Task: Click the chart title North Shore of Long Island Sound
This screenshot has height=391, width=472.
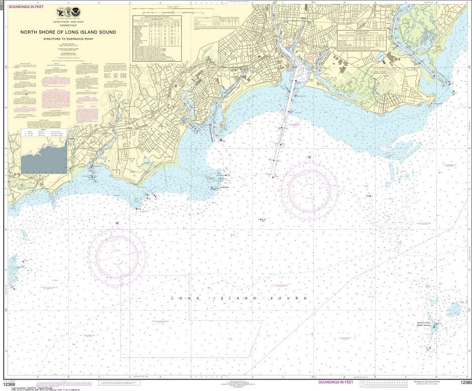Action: [68, 32]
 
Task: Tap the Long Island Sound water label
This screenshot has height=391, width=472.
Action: [239, 298]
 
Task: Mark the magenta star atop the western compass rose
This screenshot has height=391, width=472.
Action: [117, 223]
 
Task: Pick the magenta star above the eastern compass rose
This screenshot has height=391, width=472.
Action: [309, 157]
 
